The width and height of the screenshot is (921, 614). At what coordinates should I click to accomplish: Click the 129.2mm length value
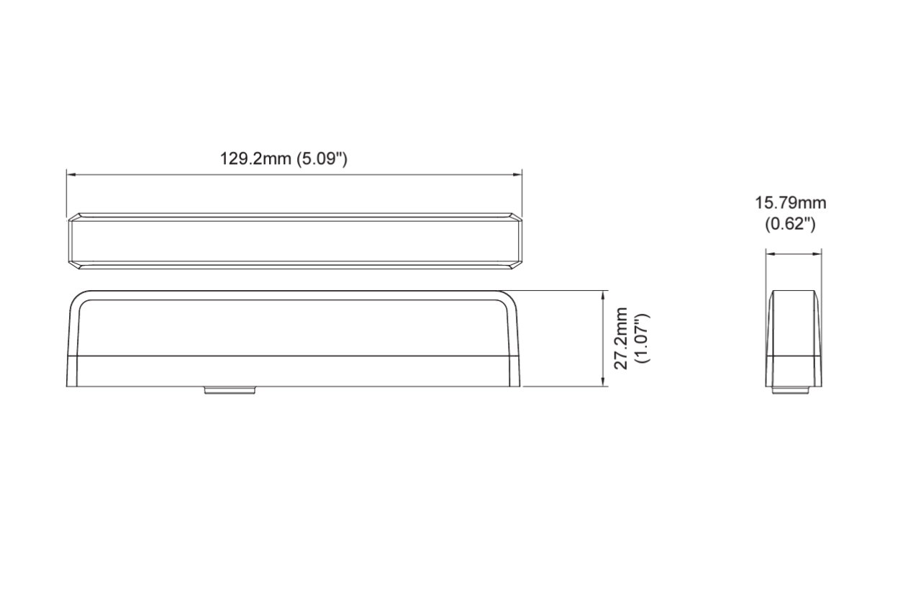click(256, 159)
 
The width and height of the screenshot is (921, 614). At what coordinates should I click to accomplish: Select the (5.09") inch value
click(323, 159)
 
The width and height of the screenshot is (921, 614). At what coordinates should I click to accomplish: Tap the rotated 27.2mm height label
click(622, 338)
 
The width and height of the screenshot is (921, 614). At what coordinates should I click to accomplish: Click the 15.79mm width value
click(789, 204)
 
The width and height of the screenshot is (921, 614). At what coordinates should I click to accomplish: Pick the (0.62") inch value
click(789, 224)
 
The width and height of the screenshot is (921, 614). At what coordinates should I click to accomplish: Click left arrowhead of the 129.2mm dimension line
click(71, 173)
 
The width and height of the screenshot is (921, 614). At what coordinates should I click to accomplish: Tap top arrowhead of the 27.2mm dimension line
click(602, 294)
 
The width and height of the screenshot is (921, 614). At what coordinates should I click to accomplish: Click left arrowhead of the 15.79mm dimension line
click(768, 253)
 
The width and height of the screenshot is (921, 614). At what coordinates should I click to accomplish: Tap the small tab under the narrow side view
click(791, 390)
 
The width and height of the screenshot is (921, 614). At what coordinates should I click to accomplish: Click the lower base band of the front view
click(294, 371)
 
